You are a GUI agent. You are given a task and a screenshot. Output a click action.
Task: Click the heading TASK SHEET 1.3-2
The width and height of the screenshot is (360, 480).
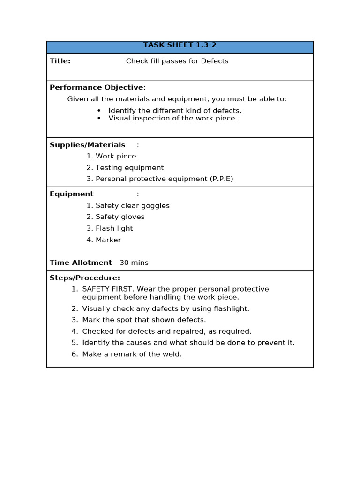180,45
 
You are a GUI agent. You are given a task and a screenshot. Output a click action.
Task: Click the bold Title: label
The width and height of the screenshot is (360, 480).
60,61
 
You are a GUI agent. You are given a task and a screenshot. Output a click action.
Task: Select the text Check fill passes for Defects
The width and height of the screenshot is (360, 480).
177,61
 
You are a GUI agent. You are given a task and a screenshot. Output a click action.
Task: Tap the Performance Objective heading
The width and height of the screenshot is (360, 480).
97,87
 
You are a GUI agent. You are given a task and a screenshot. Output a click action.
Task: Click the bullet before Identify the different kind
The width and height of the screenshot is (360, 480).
99,111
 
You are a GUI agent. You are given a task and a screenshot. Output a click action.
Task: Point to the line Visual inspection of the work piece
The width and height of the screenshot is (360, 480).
172,118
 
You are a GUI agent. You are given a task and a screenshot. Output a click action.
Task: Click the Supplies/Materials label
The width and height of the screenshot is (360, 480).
87,145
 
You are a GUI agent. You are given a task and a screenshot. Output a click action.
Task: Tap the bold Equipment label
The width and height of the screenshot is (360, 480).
72,194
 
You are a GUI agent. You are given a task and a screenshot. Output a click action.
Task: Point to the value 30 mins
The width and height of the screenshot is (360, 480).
134,263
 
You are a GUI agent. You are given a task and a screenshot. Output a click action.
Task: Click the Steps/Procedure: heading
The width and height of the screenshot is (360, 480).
85,278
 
